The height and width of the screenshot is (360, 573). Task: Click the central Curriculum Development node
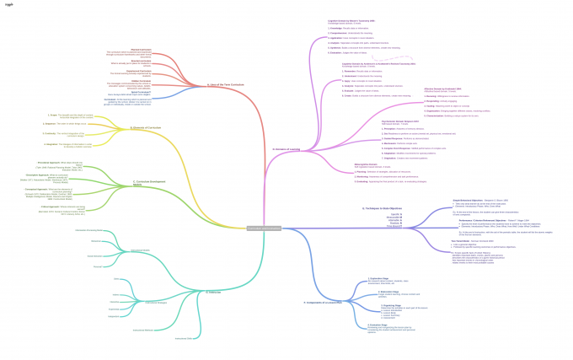(264, 228)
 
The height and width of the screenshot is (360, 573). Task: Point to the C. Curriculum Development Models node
(150, 182)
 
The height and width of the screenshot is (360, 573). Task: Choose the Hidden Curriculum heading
(117, 82)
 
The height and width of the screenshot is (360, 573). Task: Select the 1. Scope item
(53, 115)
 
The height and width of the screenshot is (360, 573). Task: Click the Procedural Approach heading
(53, 161)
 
